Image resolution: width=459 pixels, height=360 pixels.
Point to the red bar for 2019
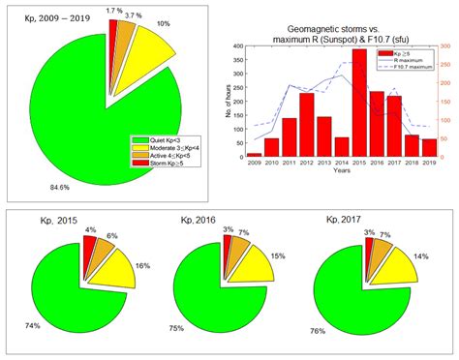coord(428,147)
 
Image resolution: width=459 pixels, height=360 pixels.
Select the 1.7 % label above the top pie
coord(114,10)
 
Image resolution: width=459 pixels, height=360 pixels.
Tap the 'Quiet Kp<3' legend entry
coord(159,138)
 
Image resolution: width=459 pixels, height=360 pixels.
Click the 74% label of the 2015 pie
coord(35,326)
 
